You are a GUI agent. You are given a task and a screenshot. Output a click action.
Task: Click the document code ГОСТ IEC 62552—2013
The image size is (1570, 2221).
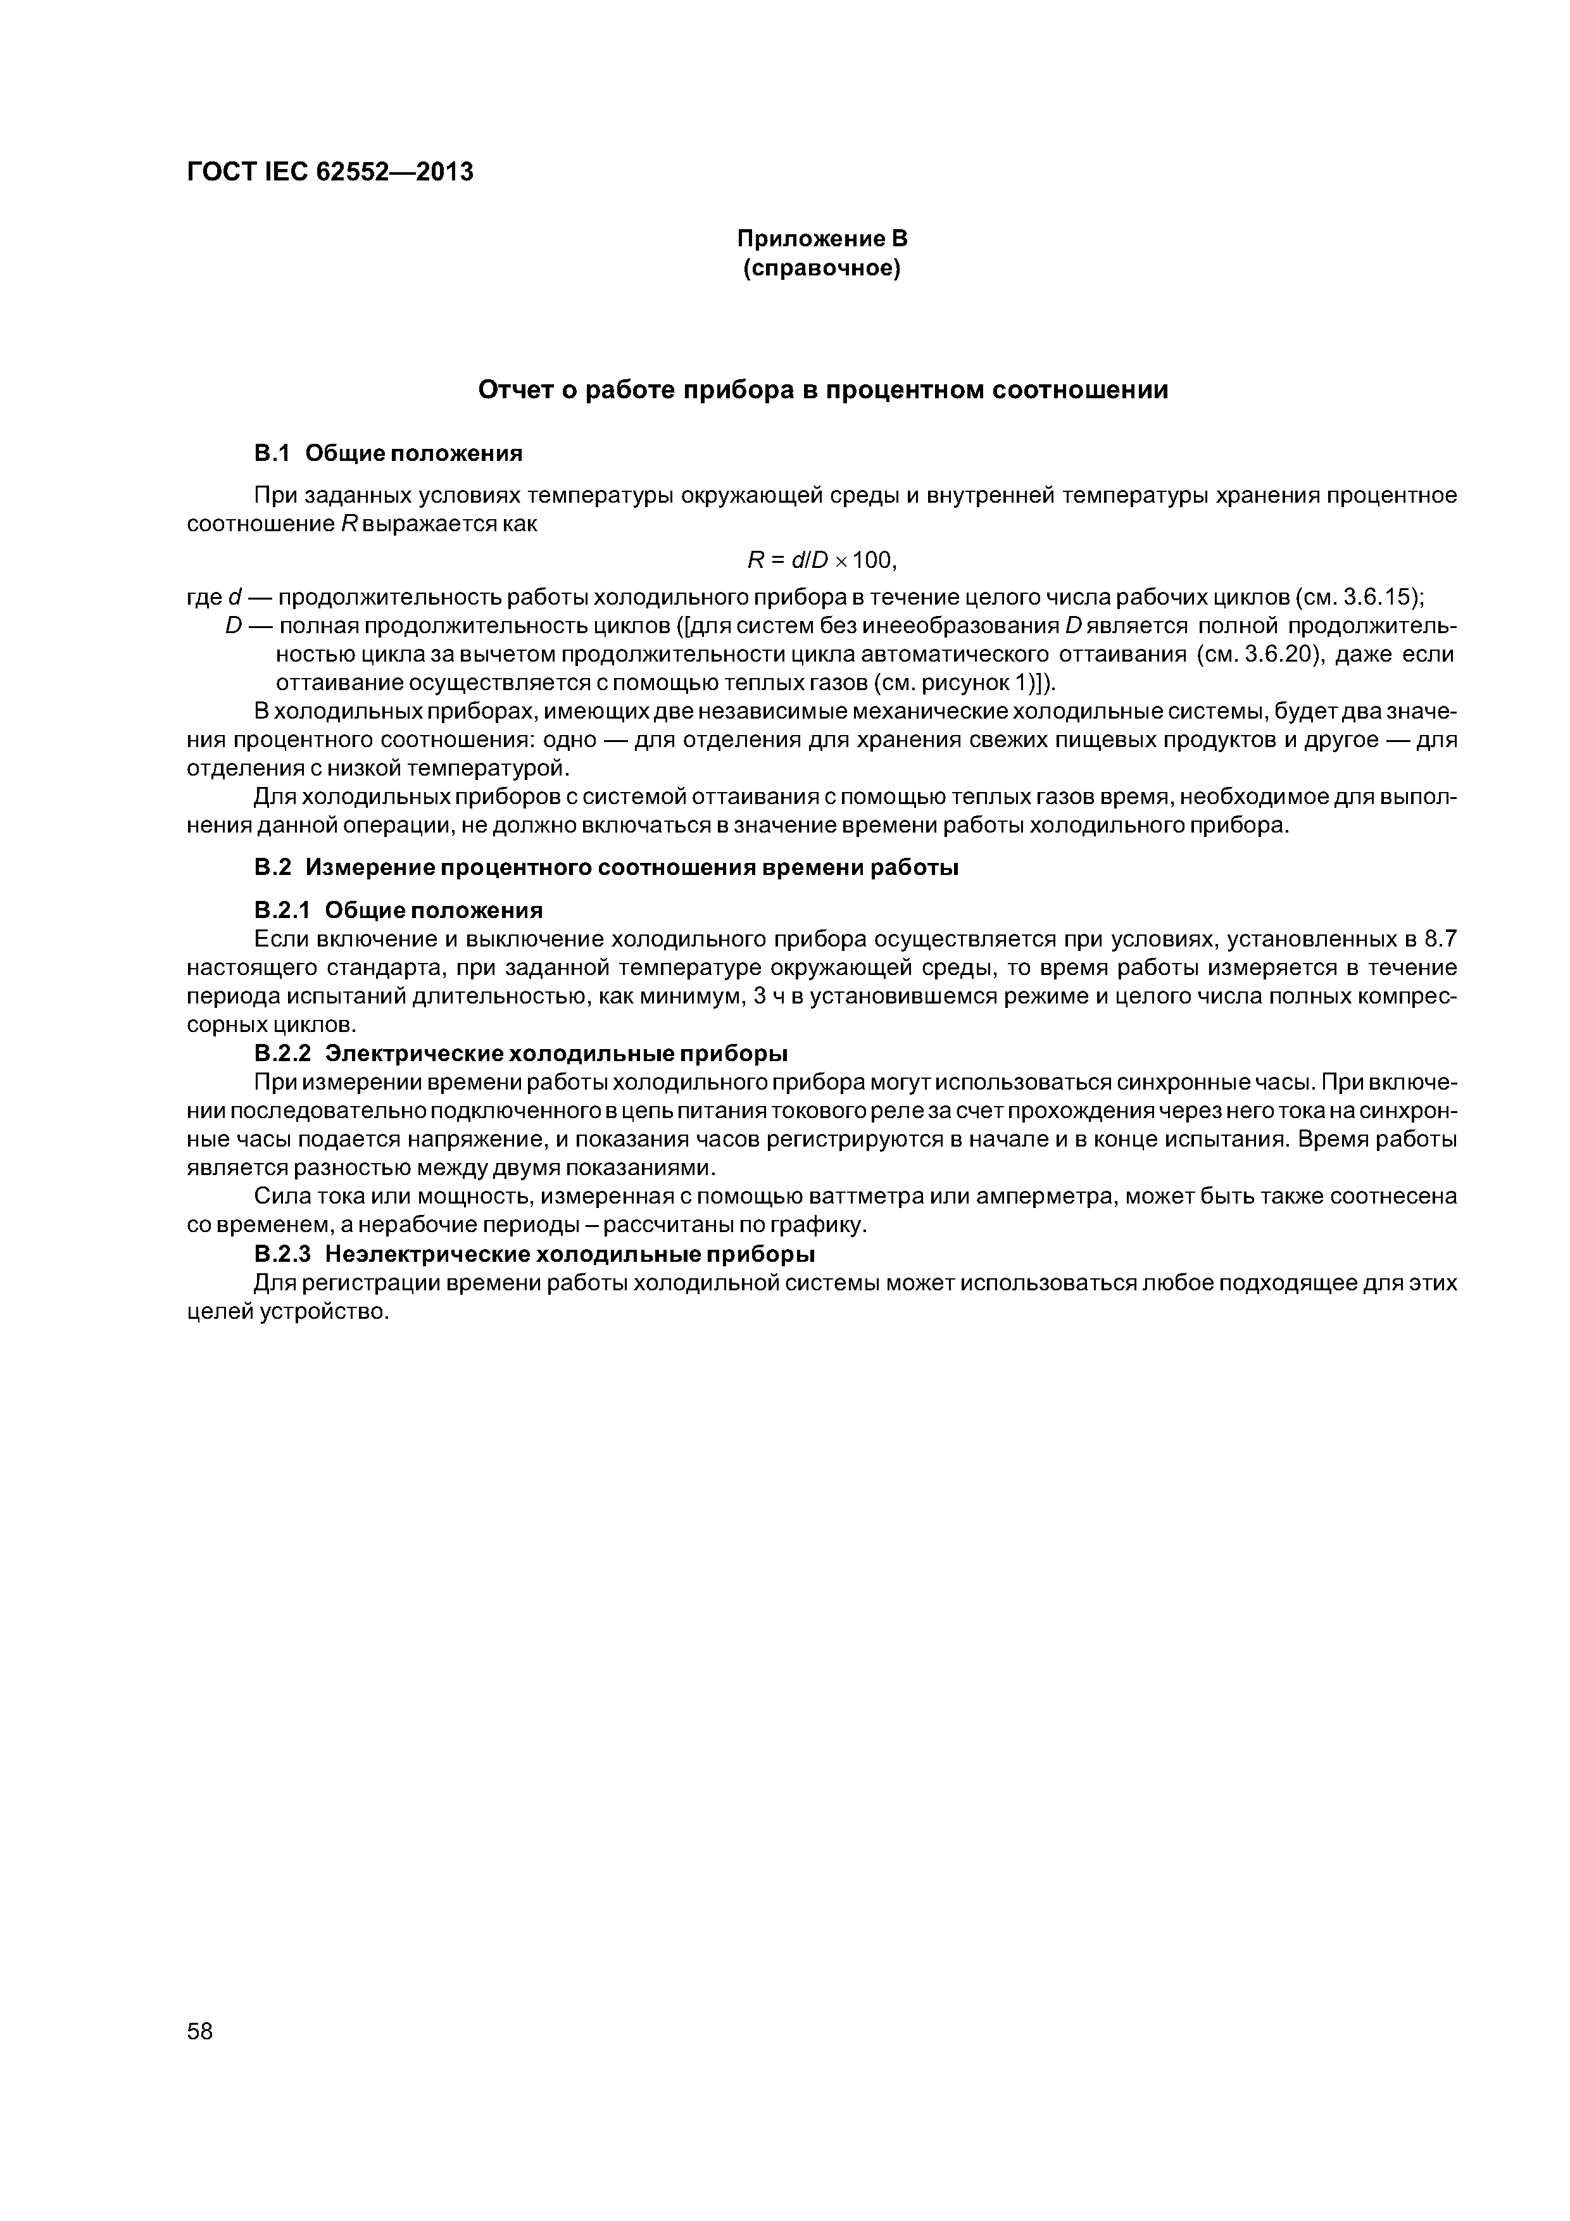(x=329, y=172)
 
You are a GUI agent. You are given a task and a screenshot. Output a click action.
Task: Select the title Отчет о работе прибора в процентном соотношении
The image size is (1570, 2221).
(x=823, y=390)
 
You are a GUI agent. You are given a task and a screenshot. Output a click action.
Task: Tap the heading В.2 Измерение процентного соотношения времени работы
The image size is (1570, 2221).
(x=606, y=868)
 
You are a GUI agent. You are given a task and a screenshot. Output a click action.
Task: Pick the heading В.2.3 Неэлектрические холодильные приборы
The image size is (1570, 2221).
(x=534, y=1255)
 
